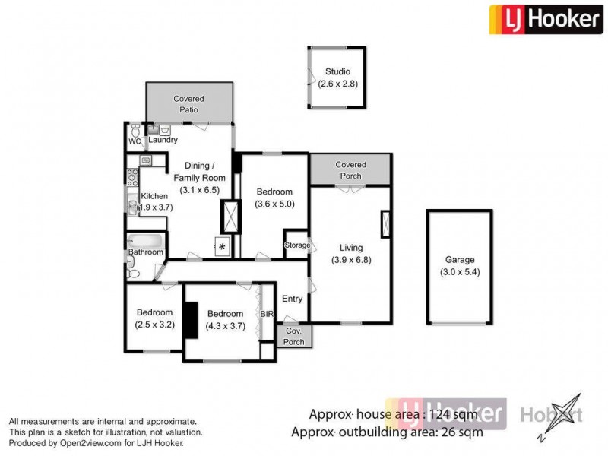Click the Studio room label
[337, 72]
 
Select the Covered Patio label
[188, 104]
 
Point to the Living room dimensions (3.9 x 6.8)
[351, 260]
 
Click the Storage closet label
[297, 245]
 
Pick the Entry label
[292, 299]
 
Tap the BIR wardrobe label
[266, 313]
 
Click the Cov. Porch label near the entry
[293, 337]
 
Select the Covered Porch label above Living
[350, 169]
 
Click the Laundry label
[163, 140]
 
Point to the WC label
[135, 141]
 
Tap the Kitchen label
[154, 196]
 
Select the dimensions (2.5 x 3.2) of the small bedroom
[154, 325]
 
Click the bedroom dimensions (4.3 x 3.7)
[225, 327]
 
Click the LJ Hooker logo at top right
[544, 18]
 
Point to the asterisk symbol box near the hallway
[222, 246]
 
